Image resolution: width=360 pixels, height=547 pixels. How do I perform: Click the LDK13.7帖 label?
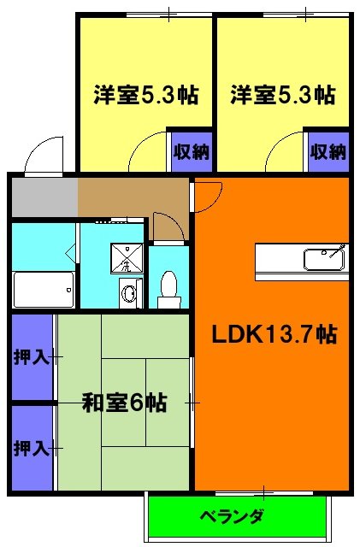pos(274,335)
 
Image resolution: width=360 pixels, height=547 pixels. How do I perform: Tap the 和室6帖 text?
pos(124,402)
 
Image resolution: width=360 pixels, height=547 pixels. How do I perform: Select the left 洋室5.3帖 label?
pos(145,95)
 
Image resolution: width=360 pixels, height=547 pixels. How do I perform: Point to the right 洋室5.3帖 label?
pos(282,95)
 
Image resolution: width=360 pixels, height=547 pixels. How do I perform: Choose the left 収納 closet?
pos(191,152)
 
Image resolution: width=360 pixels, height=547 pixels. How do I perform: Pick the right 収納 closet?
pos(328,152)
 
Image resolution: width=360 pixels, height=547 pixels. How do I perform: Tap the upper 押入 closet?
pos(32,356)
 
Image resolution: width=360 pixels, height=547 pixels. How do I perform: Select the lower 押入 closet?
pos(32,447)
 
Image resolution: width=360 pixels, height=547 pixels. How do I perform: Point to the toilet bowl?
pos(168,285)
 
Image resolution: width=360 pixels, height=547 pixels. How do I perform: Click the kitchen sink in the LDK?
pos(325,256)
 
